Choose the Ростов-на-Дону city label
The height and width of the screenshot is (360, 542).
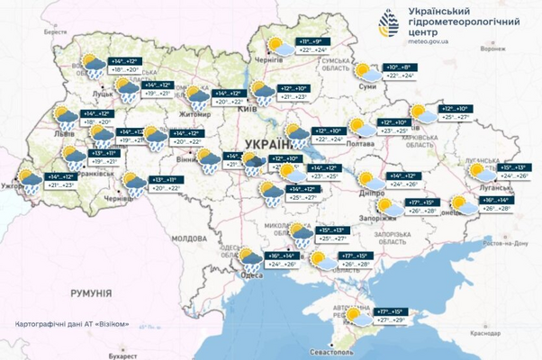click(506, 244)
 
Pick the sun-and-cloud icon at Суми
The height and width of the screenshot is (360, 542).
click(365, 72)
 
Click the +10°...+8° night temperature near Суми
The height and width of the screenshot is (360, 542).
click(399, 67)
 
